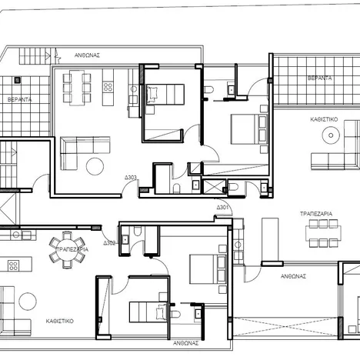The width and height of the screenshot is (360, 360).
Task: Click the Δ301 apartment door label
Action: click(222, 208)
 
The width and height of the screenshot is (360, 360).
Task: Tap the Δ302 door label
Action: click(109, 243)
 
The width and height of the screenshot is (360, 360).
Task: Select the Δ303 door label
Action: click(131, 178)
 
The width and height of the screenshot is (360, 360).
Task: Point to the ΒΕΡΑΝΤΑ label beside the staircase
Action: click(21, 99)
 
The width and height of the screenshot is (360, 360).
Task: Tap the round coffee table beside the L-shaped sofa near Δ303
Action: click(96, 165)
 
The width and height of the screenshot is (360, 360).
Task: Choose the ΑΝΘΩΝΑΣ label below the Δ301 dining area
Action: click(294, 275)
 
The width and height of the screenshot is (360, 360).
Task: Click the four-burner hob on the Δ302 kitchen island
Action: click(13, 265)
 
